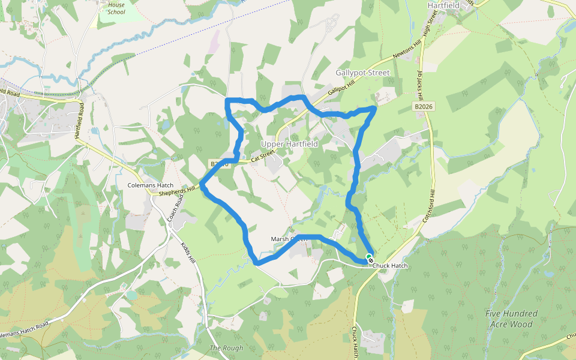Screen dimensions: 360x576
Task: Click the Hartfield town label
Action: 443,5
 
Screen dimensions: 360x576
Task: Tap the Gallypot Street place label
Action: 363,73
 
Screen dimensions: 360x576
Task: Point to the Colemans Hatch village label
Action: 151,185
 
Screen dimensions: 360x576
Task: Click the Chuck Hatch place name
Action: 391,265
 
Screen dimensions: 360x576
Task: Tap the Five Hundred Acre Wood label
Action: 512,319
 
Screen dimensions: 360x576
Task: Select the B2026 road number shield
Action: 424,106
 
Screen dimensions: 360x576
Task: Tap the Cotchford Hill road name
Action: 428,208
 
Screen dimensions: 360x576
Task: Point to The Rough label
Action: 226,348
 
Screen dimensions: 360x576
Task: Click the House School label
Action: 116,8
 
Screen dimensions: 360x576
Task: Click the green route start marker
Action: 369,257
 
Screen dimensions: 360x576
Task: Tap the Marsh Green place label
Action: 289,239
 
